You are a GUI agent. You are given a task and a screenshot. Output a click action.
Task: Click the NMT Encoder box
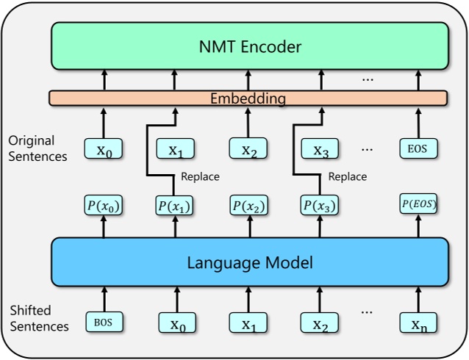pyautogui.click(x=249, y=47)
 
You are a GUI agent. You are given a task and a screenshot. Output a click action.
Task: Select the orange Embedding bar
pyautogui.click(x=248, y=98)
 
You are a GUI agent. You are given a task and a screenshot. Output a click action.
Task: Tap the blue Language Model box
pyautogui.click(x=249, y=262)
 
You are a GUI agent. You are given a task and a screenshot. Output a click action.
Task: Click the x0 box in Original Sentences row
pyautogui.click(x=104, y=150)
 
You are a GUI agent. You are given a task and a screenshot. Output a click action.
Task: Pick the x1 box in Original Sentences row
pyautogui.click(x=175, y=150)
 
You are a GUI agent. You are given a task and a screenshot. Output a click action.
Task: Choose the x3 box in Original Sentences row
pyautogui.click(x=321, y=150)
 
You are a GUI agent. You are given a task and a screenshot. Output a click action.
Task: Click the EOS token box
pyautogui.click(x=419, y=150)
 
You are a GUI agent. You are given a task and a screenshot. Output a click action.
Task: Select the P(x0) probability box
pyautogui.click(x=104, y=206)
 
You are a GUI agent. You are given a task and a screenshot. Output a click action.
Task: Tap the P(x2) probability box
pyautogui.click(x=248, y=206)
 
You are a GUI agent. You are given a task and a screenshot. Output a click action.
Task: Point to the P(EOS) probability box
pyautogui.click(x=419, y=206)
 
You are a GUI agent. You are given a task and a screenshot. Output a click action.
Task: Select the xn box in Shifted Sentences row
pyautogui.click(x=419, y=322)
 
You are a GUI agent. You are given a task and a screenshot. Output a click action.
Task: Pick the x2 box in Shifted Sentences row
pyautogui.click(x=320, y=322)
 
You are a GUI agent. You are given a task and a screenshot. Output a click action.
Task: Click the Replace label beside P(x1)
pyautogui.click(x=200, y=177)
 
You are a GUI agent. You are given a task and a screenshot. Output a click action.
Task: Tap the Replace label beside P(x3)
pyautogui.click(x=347, y=177)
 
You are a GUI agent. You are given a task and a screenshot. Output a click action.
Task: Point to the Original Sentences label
pyautogui.click(x=39, y=148)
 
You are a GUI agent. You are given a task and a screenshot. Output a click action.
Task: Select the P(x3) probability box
pyautogui.click(x=321, y=206)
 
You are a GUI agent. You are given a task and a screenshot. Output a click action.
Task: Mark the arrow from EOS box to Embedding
pyautogui.click(x=419, y=121)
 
